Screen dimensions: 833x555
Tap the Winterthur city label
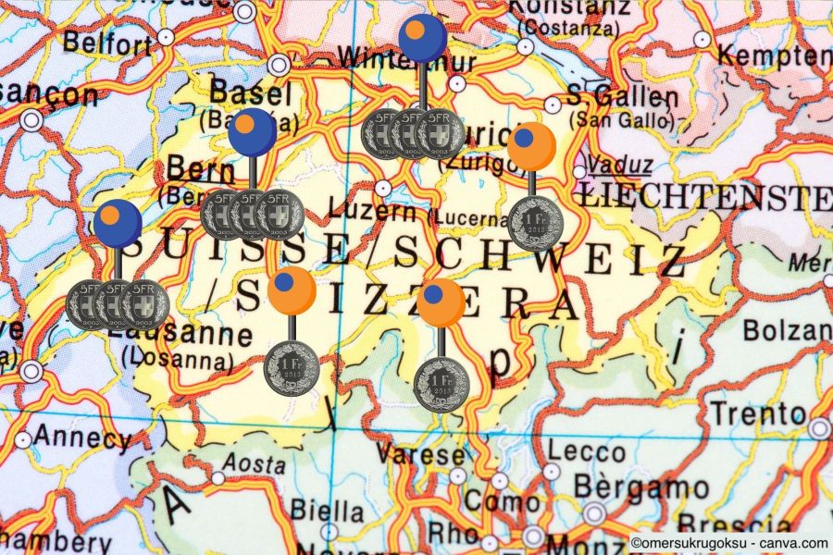(407, 60)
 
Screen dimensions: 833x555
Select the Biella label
(328, 510)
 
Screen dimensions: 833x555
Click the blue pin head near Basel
(252, 132)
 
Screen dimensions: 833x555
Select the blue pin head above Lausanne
(118, 223)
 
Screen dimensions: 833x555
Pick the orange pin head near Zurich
(531, 146)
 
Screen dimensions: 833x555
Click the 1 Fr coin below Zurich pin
(536, 223)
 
